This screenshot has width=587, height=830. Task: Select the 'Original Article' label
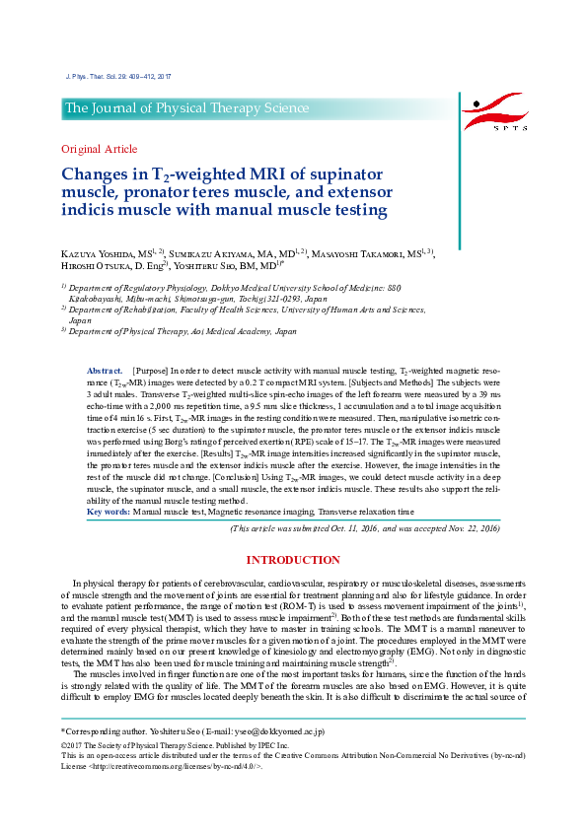tap(100, 149)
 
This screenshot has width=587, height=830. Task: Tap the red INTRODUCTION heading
tap(293, 560)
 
